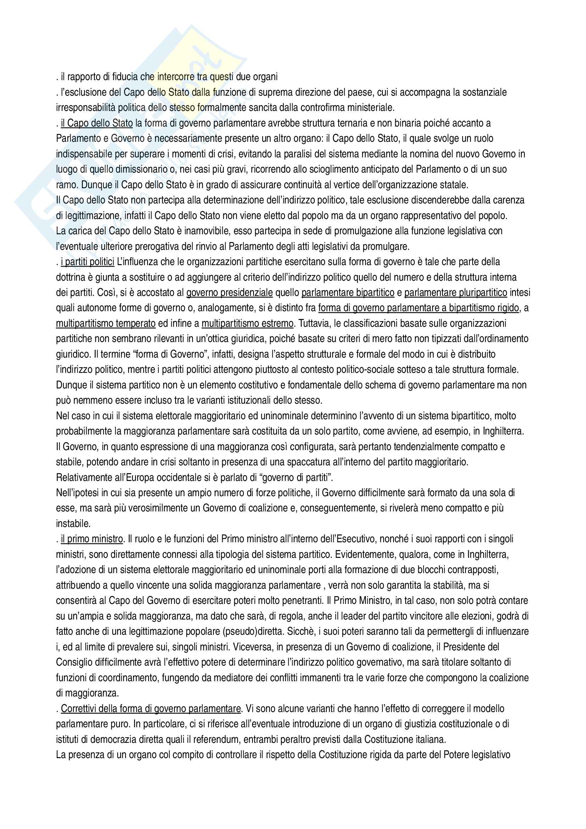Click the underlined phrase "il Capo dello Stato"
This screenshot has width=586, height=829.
(96, 123)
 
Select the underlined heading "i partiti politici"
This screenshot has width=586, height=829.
(87, 262)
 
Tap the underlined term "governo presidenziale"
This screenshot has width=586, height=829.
(229, 292)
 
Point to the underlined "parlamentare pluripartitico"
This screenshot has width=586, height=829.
(456, 292)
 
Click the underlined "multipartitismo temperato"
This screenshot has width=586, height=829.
(106, 324)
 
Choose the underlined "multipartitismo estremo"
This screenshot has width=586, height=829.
(247, 324)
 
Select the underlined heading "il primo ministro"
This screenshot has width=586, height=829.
(92, 539)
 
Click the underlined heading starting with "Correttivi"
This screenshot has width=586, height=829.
(151, 709)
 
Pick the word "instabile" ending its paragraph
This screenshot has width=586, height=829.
(73, 523)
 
